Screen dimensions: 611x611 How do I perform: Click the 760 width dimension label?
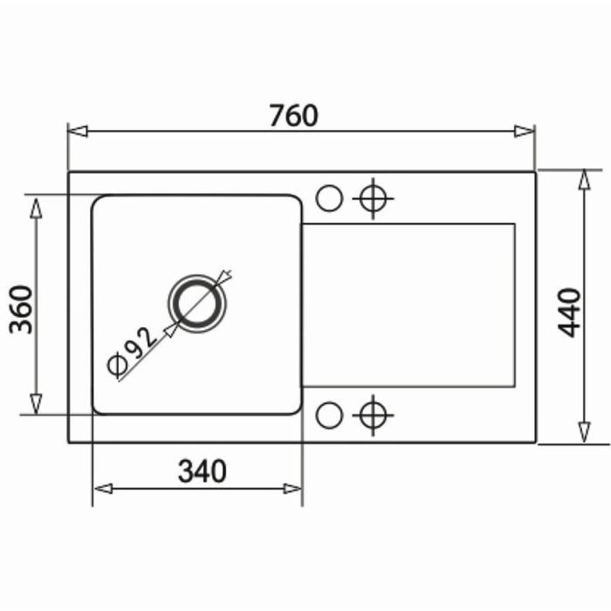point(294,115)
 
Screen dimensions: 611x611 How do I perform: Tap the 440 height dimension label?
point(569,312)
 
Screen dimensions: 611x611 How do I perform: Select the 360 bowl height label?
point(21,310)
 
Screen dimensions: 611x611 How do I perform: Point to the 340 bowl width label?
point(202,471)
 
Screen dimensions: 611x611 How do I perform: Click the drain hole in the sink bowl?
point(197,304)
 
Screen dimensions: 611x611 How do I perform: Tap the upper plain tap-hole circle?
point(329,198)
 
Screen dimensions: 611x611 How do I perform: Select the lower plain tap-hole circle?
point(329,415)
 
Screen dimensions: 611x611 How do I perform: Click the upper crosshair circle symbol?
point(373,199)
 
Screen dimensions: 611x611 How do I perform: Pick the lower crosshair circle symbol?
point(373,415)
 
